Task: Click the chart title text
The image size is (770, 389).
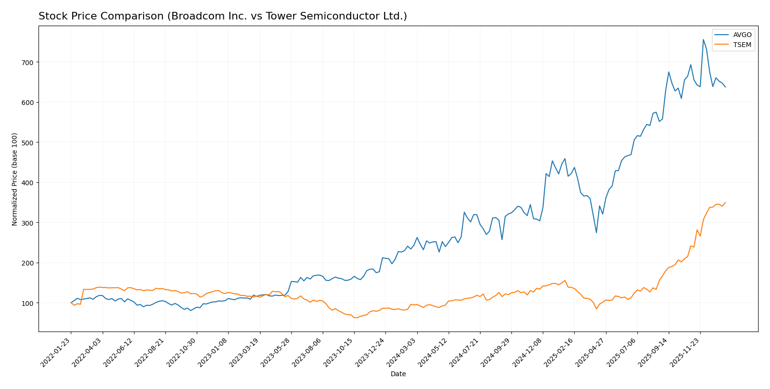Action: tap(222, 17)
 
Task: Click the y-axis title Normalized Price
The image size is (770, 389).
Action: tap(15, 179)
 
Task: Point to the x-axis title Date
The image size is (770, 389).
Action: tap(398, 374)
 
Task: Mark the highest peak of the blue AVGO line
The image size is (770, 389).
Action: tap(703, 39)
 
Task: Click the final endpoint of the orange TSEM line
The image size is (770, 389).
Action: tap(725, 202)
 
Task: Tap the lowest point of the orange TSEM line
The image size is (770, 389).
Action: tap(355, 318)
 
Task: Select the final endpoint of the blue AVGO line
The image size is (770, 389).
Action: tap(725, 87)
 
